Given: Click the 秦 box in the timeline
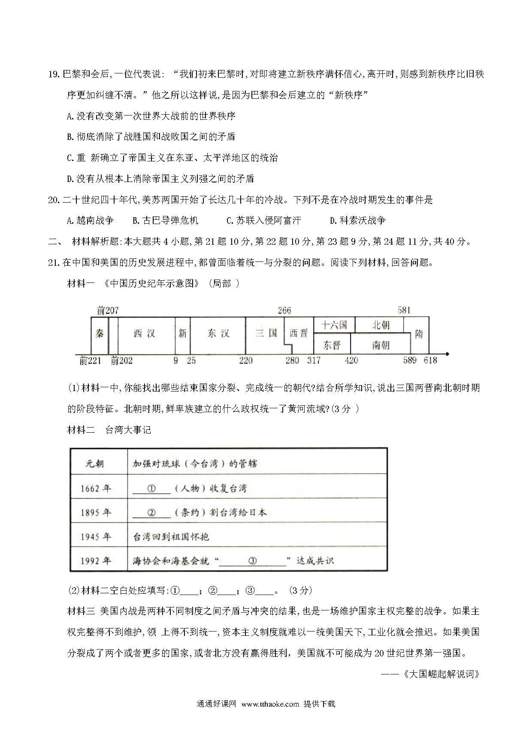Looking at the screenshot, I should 100,334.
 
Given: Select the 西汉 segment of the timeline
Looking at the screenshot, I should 144,334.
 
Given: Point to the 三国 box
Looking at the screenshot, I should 266,334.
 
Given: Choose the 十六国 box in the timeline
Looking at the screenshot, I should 334,325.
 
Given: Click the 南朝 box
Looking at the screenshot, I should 380,344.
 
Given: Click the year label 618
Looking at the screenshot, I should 430,361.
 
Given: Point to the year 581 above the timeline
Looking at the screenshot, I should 404,310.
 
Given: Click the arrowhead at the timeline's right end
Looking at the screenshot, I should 447,354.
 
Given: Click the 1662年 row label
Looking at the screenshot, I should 95,489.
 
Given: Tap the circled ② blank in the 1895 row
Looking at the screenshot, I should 151,513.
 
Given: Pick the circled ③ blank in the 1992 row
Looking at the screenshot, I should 252,561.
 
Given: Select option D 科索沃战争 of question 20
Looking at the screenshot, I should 358,221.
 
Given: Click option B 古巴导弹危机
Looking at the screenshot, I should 166,221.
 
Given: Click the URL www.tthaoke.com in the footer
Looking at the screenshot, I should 270,704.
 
